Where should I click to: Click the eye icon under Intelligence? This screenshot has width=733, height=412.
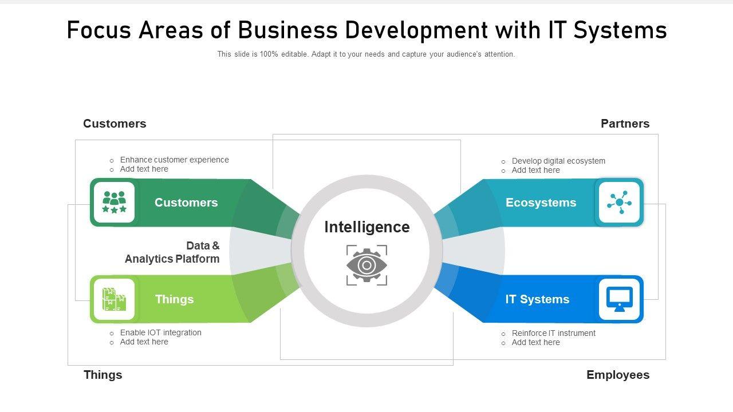click(366, 265)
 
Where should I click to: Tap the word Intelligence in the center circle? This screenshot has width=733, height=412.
click(367, 227)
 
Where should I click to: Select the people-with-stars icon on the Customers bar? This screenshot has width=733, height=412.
click(114, 202)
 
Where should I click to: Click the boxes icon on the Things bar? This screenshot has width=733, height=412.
click(114, 299)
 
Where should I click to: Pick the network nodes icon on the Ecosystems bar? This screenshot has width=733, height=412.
click(619, 203)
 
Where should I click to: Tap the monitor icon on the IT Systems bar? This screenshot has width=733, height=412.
click(619, 299)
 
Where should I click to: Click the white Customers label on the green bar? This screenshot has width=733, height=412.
click(186, 203)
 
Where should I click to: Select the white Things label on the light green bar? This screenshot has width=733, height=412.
click(174, 299)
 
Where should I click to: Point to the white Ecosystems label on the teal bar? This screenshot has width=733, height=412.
click(541, 203)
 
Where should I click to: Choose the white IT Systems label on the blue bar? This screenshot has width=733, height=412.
click(537, 299)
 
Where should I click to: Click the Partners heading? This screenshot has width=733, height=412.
click(625, 124)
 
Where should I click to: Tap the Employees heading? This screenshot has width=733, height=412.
click(618, 375)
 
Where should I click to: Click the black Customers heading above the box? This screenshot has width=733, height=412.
click(115, 124)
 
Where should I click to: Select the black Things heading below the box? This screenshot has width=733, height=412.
click(103, 375)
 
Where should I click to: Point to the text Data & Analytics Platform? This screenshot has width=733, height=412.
click(172, 252)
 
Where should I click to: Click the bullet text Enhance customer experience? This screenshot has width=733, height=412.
click(174, 160)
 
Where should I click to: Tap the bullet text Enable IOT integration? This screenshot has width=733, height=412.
click(160, 332)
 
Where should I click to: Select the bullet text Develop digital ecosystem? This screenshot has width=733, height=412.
click(558, 161)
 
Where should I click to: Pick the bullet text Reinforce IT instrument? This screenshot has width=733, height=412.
click(553, 333)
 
